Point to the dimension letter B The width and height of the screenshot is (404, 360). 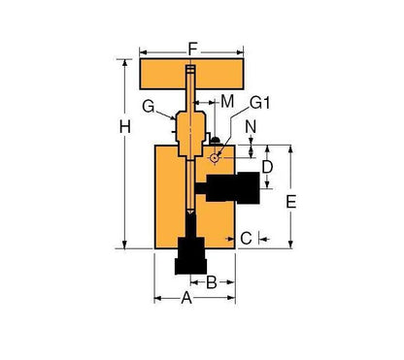210,282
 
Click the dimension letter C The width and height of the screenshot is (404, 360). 246,237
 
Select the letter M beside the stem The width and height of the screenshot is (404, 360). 226,103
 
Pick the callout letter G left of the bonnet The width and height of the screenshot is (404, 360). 148,104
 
